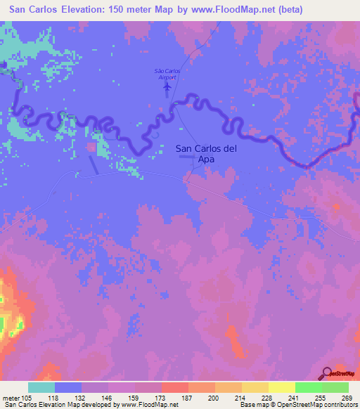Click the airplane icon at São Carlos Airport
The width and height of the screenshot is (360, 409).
(x=167, y=87)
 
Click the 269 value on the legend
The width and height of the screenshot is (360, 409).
(x=346, y=398)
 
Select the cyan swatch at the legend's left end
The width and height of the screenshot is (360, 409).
(x=41, y=387)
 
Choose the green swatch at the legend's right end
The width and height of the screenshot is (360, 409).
(x=335, y=387)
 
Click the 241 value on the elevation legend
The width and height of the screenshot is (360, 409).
(x=293, y=398)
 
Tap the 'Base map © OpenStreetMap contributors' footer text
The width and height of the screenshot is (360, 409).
(x=299, y=405)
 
